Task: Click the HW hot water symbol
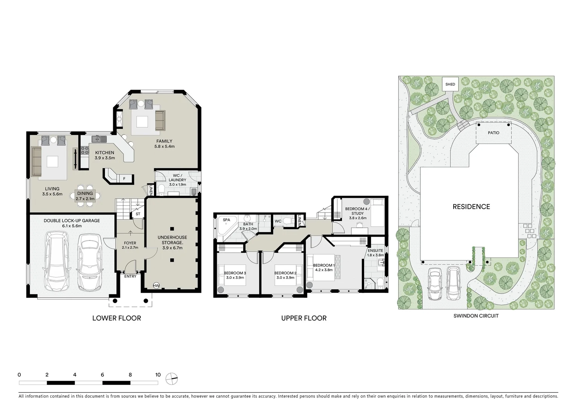pos(156,286)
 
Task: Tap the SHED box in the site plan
pos(450,84)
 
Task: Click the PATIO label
pos(493,133)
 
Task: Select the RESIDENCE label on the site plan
pos(471,207)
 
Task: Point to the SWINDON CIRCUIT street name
pos(476,316)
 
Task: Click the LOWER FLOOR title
pos(117,318)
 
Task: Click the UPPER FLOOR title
pos(304,318)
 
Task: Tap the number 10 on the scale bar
pos(158,375)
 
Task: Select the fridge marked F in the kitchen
pos(124,178)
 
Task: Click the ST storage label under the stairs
pos(138,214)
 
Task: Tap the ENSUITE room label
pos(375,251)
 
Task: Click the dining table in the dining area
pos(85,196)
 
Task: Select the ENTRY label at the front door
pos(130,276)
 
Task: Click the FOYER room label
pos(130,243)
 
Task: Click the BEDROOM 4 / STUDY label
pos(357,211)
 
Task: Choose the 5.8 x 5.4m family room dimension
pos(164,146)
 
